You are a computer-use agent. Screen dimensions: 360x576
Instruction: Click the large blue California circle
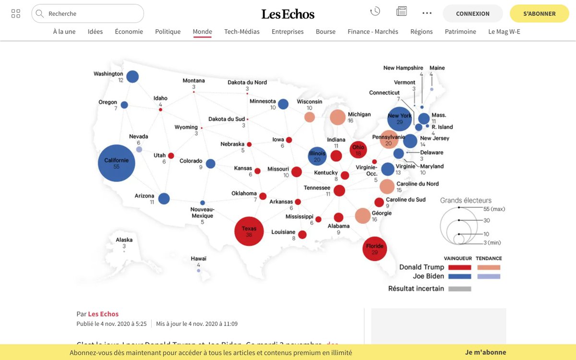117,163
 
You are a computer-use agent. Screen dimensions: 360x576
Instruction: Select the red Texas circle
249,231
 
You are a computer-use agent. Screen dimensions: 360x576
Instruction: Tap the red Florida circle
374,249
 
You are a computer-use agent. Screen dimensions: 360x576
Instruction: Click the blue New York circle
399,119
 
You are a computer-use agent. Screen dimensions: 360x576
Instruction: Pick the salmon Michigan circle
338,117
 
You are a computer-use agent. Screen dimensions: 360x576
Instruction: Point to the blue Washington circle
132,76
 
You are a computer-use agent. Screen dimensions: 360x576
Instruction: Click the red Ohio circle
358,150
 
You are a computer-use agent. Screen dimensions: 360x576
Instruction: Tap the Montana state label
193,81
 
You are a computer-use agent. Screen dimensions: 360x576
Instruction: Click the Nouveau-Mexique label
203,213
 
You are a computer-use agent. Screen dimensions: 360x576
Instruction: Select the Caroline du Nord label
417,184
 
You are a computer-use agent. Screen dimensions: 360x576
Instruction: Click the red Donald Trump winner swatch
459,267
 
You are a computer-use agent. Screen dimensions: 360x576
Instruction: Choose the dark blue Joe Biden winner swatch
459,276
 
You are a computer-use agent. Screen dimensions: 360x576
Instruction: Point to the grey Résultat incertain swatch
459,289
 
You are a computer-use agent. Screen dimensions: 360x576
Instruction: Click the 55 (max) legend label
494,209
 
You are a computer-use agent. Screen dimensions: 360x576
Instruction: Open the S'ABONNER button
539,13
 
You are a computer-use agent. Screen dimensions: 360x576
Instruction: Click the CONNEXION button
472,13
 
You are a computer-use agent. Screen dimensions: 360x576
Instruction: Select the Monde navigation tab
202,32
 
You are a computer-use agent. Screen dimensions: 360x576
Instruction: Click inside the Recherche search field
91,13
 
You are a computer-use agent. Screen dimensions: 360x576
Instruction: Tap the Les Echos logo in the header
288,14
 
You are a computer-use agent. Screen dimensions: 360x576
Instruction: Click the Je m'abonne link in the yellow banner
485,352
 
